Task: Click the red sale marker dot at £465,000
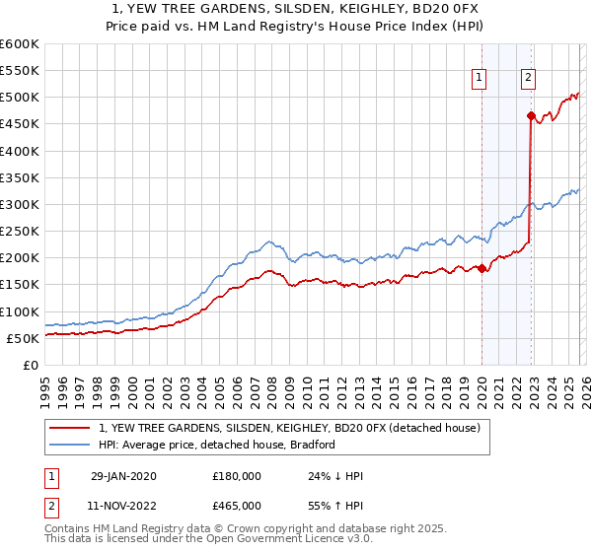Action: [x=531, y=116]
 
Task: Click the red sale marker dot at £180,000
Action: [x=481, y=268]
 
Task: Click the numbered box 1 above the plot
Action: [x=479, y=78]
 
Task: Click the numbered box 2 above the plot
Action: [x=528, y=78]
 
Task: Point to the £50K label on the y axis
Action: [x=23, y=338]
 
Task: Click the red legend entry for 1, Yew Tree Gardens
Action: [x=288, y=428]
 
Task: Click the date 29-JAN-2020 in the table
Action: [x=123, y=476]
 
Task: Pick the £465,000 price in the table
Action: [x=237, y=505]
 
